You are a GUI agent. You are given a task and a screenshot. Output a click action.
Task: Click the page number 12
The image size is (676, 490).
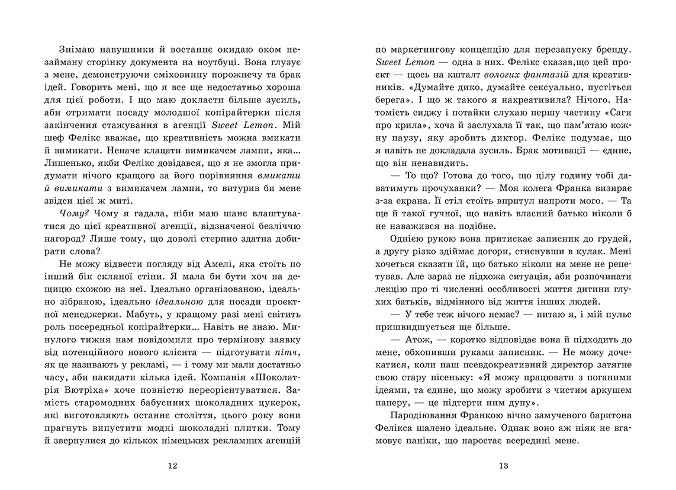tap(172, 466)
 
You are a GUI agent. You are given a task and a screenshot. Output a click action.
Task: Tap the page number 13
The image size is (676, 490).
tap(504, 466)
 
